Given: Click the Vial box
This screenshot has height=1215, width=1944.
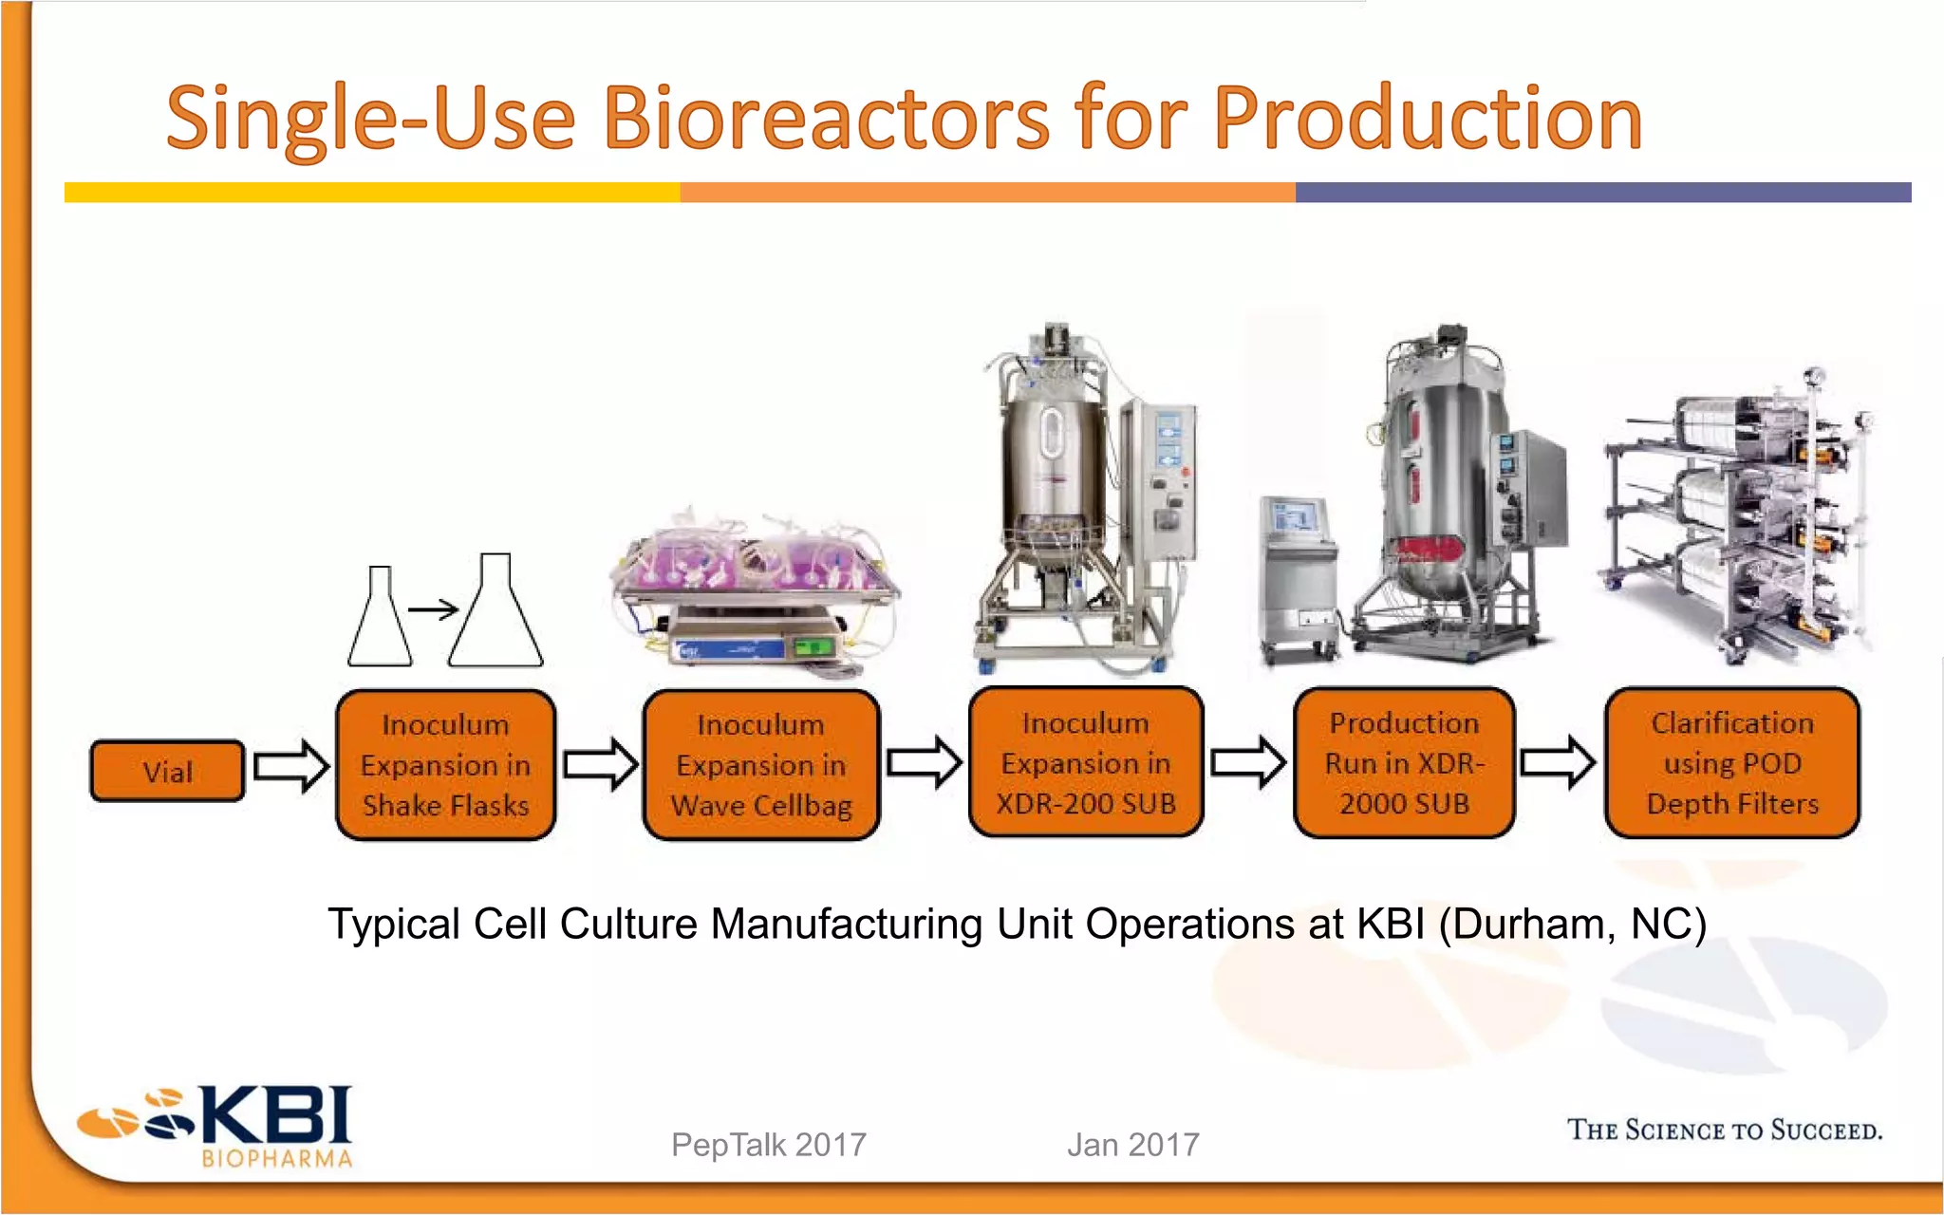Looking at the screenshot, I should [x=167, y=771].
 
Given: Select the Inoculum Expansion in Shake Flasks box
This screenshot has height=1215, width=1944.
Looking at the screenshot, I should [x=445, y=765].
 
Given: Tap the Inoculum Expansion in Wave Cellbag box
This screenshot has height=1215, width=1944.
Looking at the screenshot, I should [x=761, y=765].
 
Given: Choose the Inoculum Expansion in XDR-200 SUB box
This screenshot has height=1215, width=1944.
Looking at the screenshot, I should [x=1086, y=763].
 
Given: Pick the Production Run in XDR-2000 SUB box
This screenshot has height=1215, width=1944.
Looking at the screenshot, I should [x=1404, y=763].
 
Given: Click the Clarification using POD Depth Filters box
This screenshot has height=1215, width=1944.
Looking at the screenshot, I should [x=1732, y=763].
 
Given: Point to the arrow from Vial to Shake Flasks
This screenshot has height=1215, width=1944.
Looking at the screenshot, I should [x=291, y=765].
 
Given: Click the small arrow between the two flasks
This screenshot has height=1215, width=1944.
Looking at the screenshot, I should [x=433, y=609].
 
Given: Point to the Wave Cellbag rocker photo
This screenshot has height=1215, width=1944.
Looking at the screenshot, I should [x=755, y=593].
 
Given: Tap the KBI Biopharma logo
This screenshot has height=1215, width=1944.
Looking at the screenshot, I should [x=216, y=1126].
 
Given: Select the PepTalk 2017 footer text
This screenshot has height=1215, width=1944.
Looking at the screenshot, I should [x=768, y=1145].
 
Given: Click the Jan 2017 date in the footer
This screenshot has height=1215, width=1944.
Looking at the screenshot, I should [x=1132, y=1145].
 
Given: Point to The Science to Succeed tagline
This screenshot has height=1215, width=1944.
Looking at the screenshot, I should [x=1724, y=1130].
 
